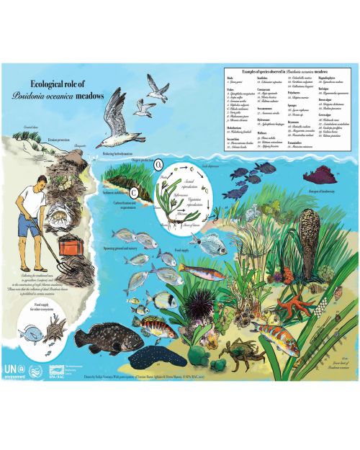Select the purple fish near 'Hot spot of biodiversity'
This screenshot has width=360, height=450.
(318, 175)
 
